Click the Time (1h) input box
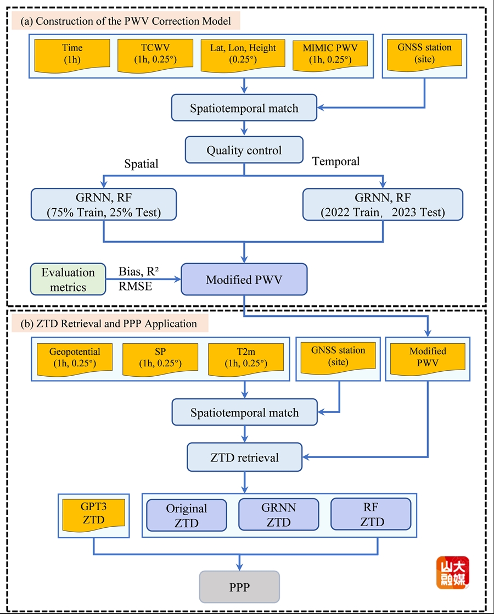tap(71, 54)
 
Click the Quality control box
tap(244, 150)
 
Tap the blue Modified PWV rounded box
tap(244, 280)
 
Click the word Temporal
tap(335, 161)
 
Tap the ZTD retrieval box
tap(244, 457)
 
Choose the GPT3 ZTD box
tap(93, 515)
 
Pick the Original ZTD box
tap(187, 515)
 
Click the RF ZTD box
tap(371, 515)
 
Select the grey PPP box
tap(239, 587)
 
